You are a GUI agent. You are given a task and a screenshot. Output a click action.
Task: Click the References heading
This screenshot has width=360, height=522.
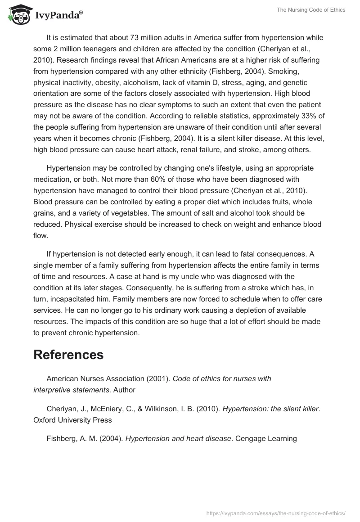tap(68, 355)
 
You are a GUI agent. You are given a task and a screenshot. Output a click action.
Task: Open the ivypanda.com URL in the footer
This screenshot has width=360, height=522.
tap(275, 512)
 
